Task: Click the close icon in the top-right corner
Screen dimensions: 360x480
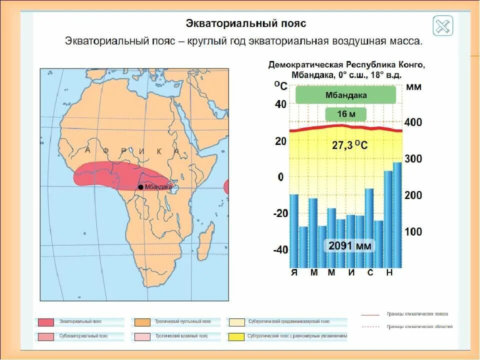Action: (442, 26)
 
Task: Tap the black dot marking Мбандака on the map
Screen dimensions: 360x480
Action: (140, 187)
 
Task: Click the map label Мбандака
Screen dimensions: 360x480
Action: (158, 187)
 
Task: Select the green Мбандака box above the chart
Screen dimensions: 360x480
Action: (346, 95)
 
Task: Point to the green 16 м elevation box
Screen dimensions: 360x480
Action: (346, 114)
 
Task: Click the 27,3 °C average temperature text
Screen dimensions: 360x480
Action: (349, 145)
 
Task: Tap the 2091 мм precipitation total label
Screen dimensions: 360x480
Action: (349, 246)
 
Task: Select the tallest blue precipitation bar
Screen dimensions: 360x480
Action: (397, 215)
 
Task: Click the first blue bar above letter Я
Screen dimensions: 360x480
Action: (294, 230)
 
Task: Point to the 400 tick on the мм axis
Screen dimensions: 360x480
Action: (413, 122)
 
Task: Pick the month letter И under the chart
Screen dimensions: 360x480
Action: (351, 272)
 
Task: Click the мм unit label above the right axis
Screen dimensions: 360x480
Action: (413, 87)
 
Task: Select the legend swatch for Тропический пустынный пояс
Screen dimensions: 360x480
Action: (142, 321)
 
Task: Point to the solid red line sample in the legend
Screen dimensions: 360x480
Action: (369, 315)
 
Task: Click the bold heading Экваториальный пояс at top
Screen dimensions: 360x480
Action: (245, 23)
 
